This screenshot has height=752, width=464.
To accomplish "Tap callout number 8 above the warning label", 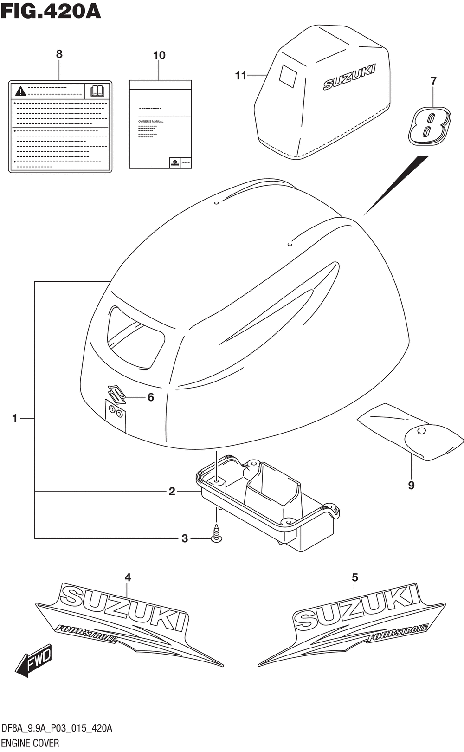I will [59, 54].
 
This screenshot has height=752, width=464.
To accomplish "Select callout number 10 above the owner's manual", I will [159, 56].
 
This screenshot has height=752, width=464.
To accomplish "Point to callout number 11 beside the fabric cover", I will [240, 75].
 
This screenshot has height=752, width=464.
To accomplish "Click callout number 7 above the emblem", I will [433, 81].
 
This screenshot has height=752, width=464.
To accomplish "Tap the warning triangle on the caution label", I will [20, 91].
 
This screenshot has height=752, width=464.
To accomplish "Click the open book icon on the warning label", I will [97, 91].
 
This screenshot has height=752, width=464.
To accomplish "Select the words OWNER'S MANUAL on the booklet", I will [151, 121].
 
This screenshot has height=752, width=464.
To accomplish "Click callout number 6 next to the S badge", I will [150, 397].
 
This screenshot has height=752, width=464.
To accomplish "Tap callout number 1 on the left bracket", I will [15, 419].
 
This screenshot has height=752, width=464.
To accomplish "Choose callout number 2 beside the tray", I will [172, 492].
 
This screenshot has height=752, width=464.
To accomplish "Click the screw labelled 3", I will [216, 534].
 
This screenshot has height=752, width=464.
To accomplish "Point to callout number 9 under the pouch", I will [411, 486].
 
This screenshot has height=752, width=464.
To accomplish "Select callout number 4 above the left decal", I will [128, 577].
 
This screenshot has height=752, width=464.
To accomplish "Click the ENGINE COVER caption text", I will [31, 743].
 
